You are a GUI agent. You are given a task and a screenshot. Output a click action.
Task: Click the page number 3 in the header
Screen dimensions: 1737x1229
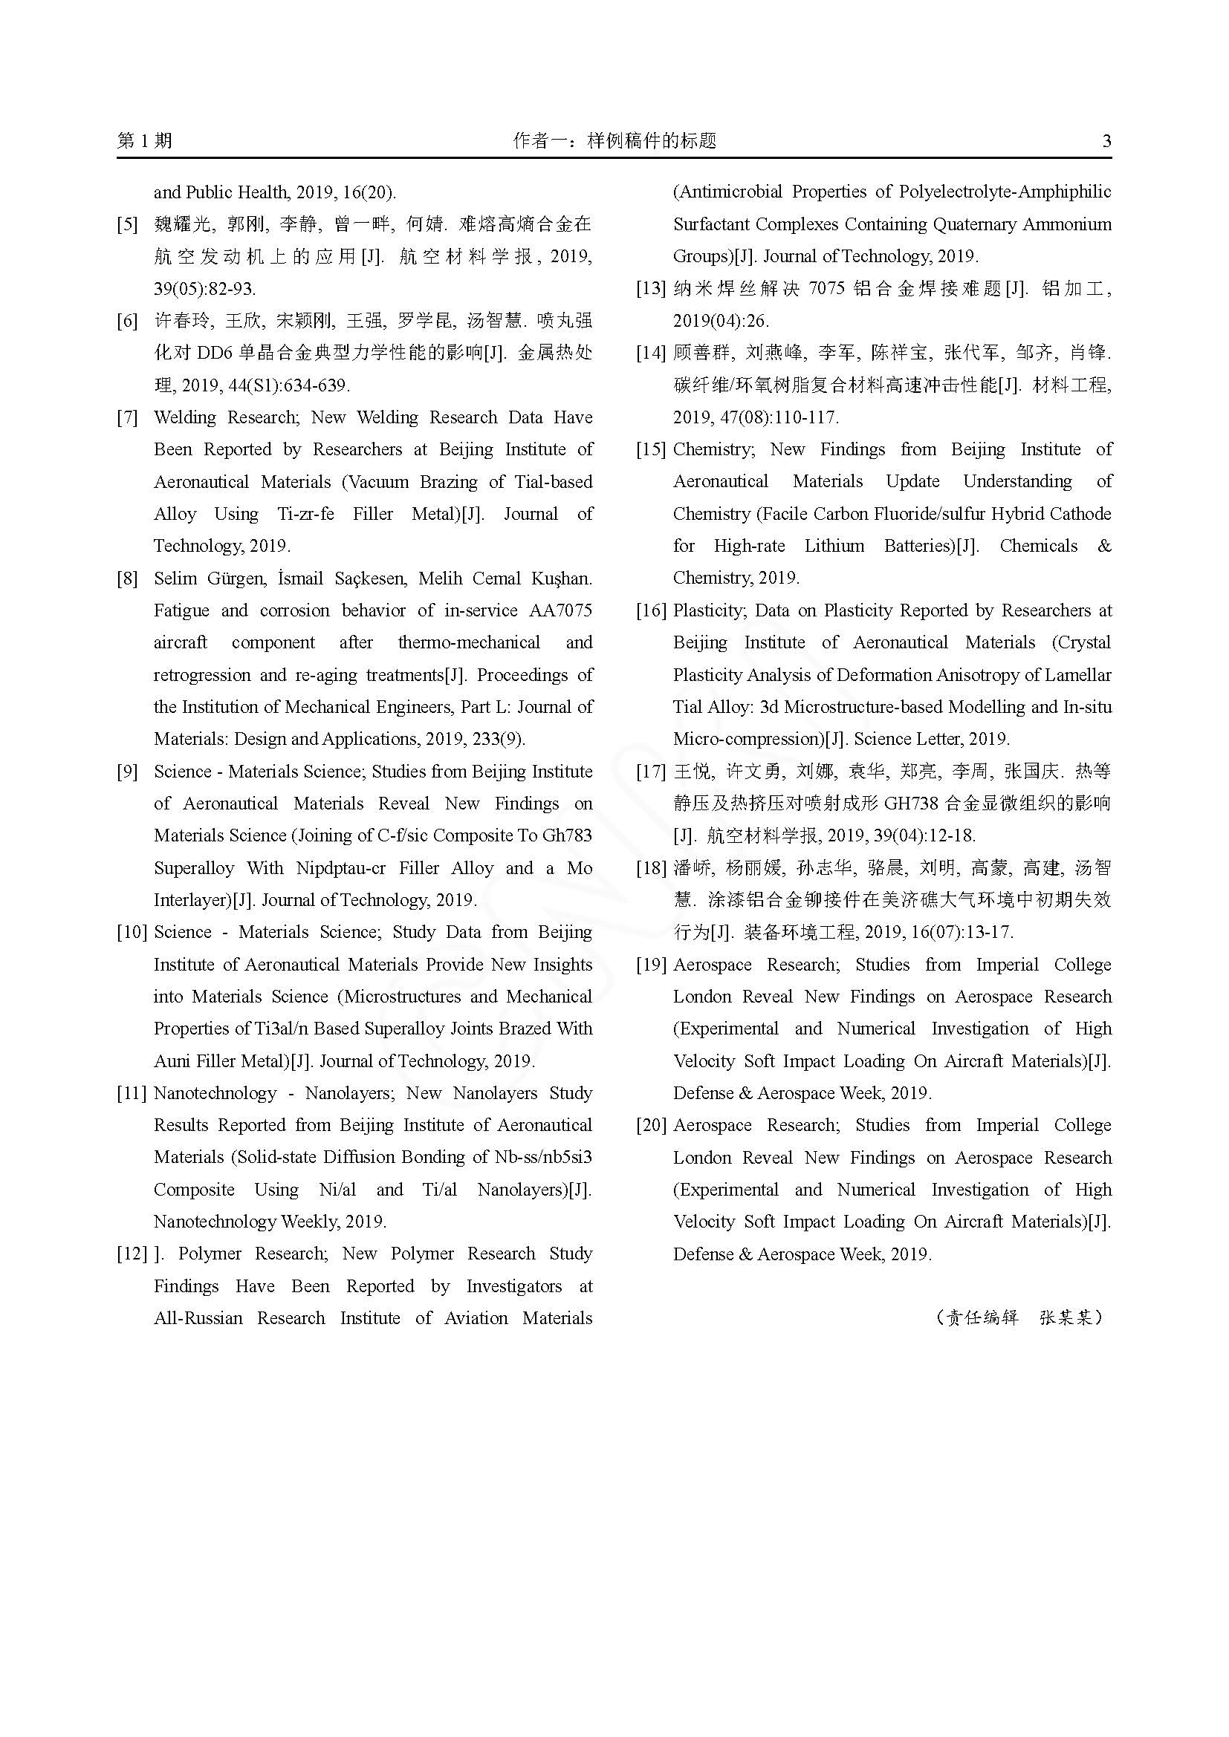coord(1106,140)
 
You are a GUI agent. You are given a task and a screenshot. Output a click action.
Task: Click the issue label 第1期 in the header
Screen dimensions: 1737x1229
coord(145,140)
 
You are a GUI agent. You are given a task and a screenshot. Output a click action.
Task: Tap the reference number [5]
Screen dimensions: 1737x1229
coord(127,225)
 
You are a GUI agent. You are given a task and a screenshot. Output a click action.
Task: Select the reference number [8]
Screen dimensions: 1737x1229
coord(127,579)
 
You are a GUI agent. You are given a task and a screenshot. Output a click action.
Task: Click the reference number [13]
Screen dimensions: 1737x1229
coord(651,289)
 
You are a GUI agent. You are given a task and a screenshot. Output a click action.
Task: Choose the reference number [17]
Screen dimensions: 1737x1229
coord(651,772)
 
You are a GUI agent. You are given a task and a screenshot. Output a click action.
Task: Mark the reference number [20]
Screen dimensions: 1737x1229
coord(651,1125)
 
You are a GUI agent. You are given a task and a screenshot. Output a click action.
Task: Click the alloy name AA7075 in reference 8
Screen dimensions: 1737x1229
coord(560,610)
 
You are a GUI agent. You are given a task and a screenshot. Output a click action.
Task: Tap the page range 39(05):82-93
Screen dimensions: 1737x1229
coord(204,289)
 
